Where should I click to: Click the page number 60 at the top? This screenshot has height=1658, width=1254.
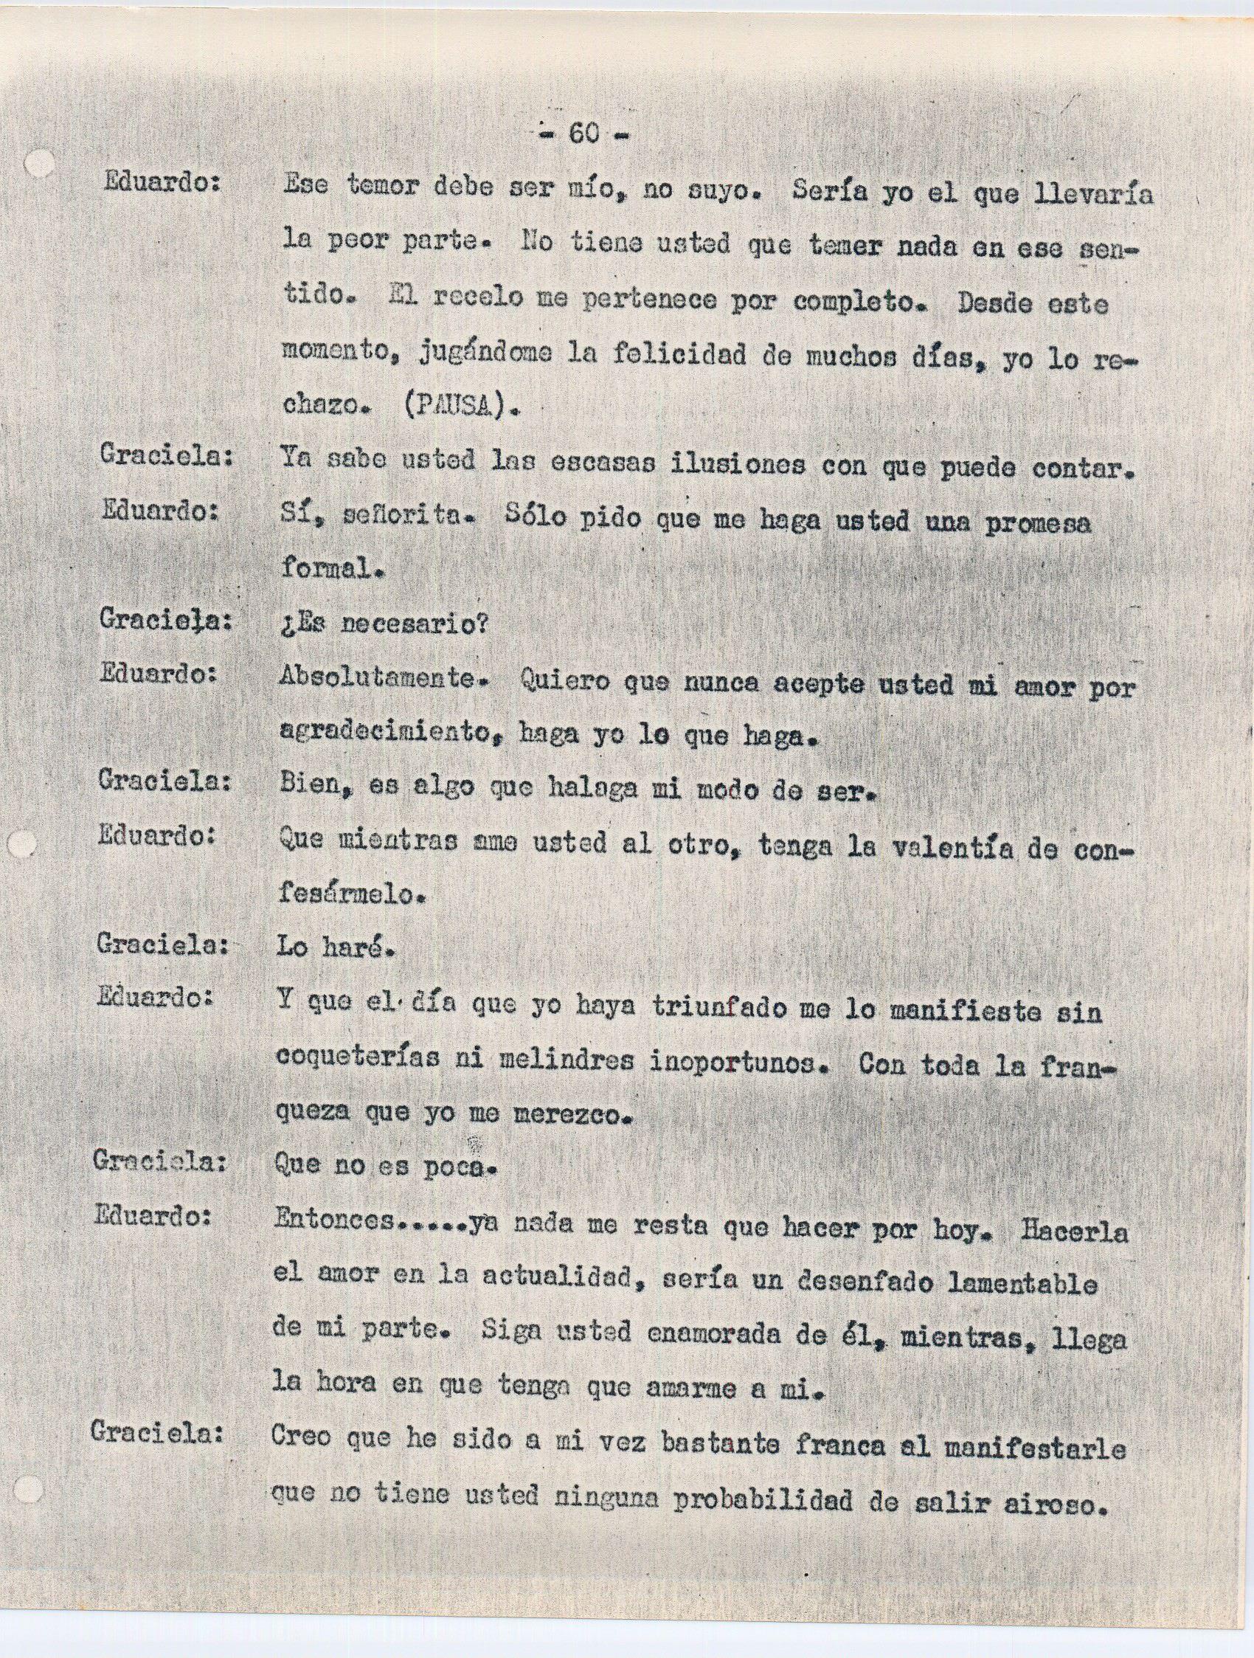pyautogui.click(x=583, y=133)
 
